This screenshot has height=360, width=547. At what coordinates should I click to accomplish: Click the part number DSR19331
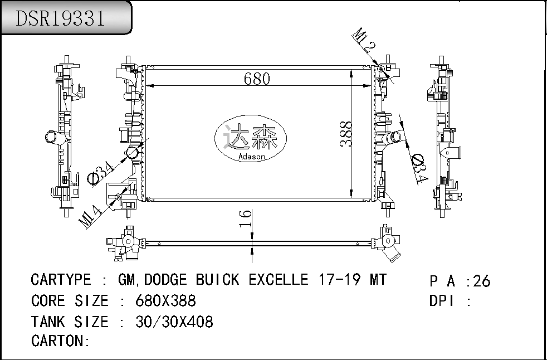click(60, 18)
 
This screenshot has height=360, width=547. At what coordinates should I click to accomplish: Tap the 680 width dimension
click(257, 79)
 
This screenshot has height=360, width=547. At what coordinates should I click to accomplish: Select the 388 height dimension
click(345, 133)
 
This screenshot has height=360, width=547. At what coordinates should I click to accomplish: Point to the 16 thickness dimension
click(246, 218)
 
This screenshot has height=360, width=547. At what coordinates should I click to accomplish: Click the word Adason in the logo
click(251, 157)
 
